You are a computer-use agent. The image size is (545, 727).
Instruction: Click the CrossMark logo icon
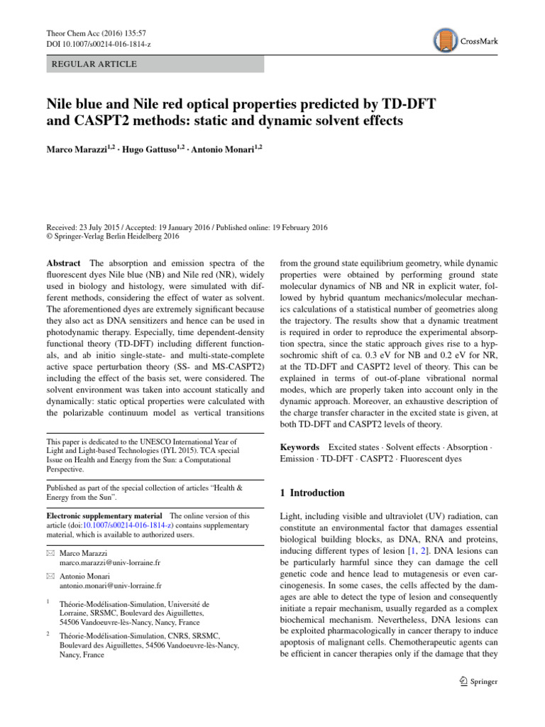[x=446, y=40]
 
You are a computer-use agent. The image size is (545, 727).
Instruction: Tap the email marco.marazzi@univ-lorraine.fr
[x=110, y=562]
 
